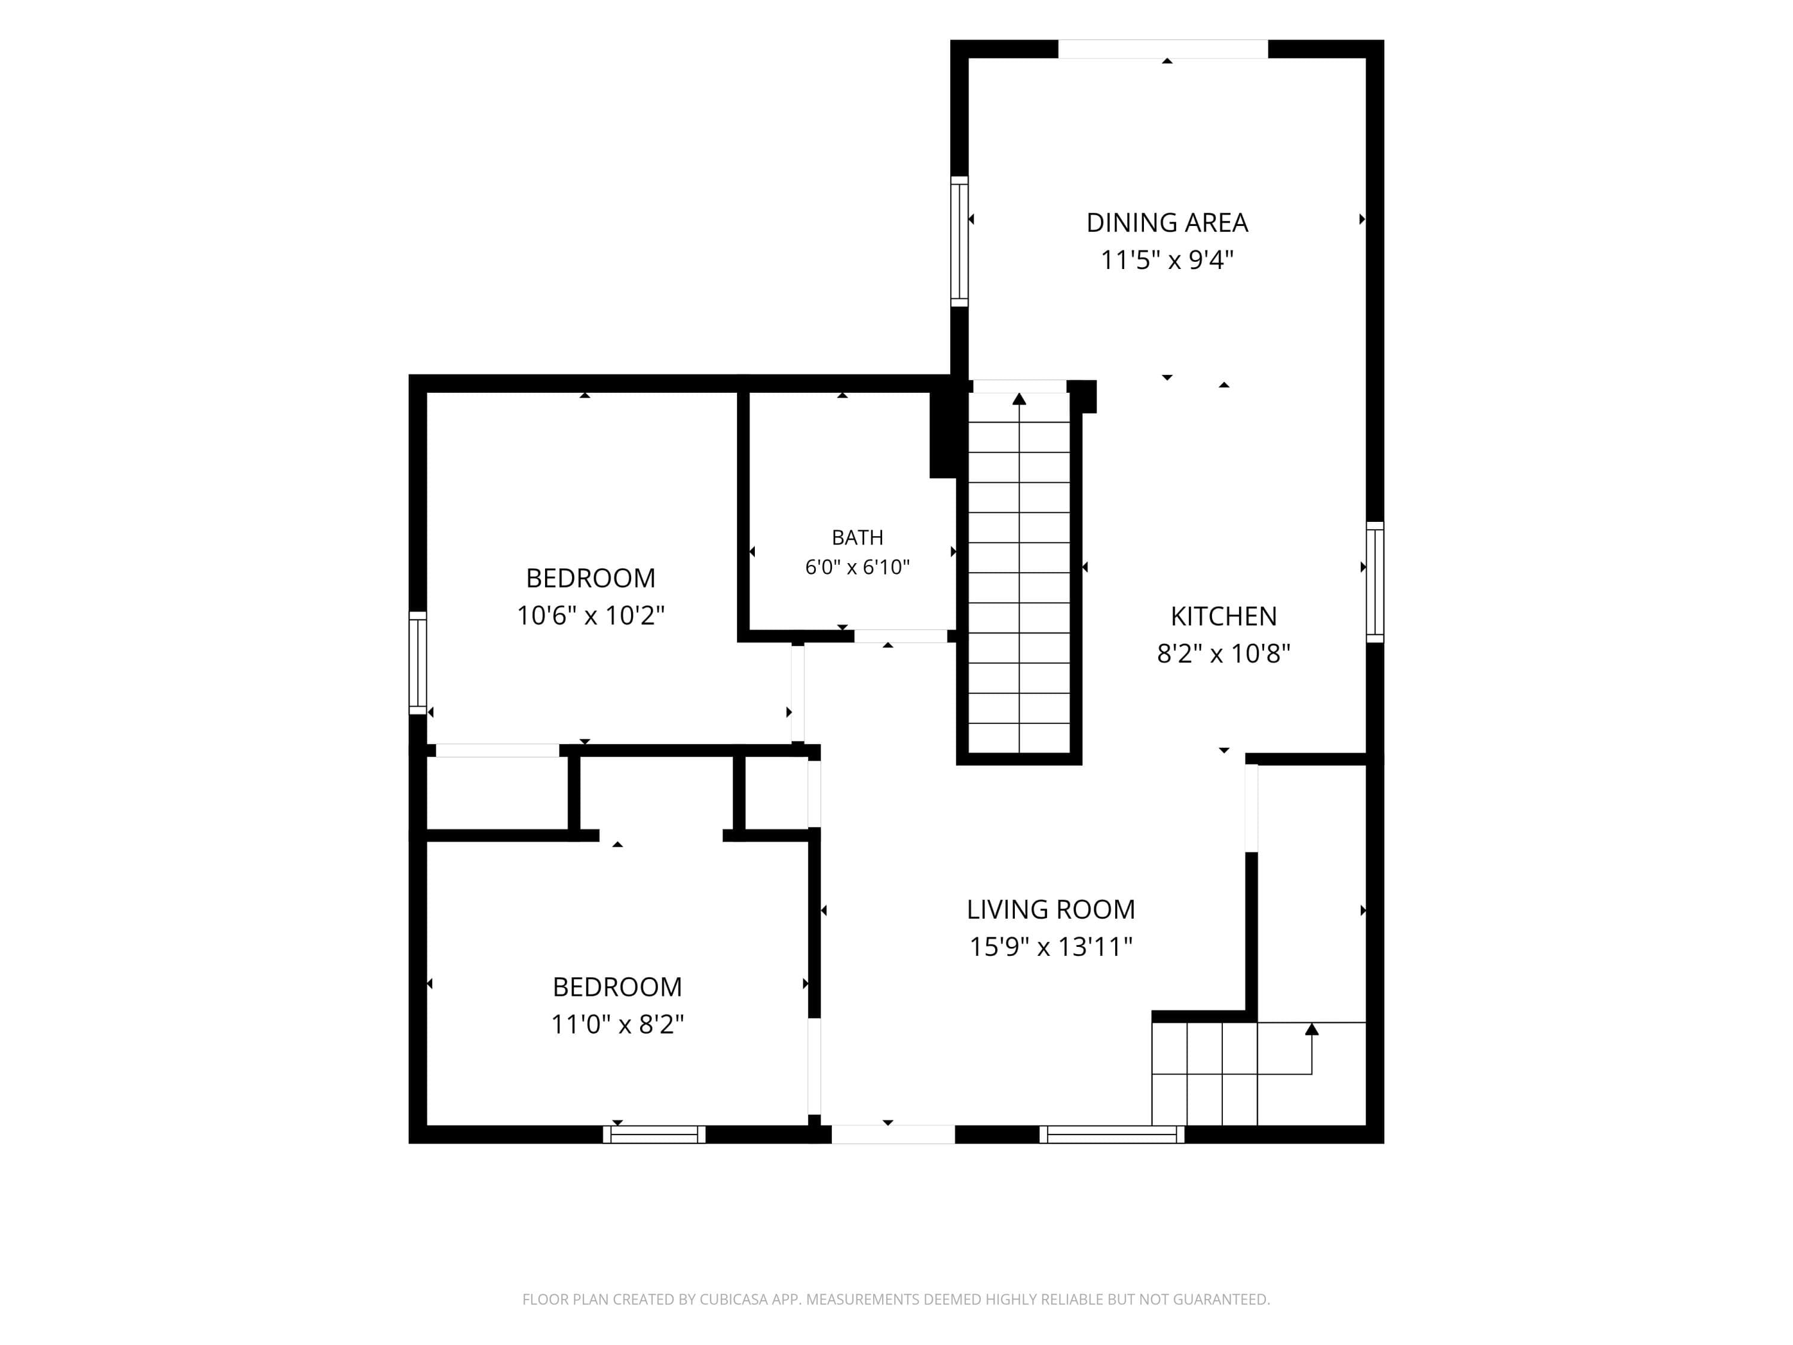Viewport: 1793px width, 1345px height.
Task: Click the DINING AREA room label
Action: tap(1167, 223)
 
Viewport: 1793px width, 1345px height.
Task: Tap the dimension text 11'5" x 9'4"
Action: tap(1167, 260)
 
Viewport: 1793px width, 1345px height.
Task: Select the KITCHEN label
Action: tap(1223, 616)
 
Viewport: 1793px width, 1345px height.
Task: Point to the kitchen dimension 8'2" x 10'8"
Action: tap(1223, 653)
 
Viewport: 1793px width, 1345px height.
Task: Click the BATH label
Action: tap(858, 537)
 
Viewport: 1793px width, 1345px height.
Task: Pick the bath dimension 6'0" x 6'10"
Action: tap(858, 567)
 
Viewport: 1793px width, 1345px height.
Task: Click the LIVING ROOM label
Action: tap(1051, 910)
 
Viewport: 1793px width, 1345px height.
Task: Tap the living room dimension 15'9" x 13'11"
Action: tap(1051, 947)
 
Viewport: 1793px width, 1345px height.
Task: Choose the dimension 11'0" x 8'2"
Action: tap(617, 1025)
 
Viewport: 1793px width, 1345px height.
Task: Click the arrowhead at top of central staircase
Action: tap(1019, 398)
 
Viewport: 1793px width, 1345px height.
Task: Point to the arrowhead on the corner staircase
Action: tap(1311, 1029)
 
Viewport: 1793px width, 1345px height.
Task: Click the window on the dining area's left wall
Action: tap(959, 242)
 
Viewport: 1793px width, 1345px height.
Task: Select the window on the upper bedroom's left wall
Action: tap(417, 663)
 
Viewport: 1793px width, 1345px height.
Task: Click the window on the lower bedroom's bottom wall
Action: tap(654, 1134)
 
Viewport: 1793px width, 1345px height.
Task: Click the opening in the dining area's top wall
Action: tap(1163, 48)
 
